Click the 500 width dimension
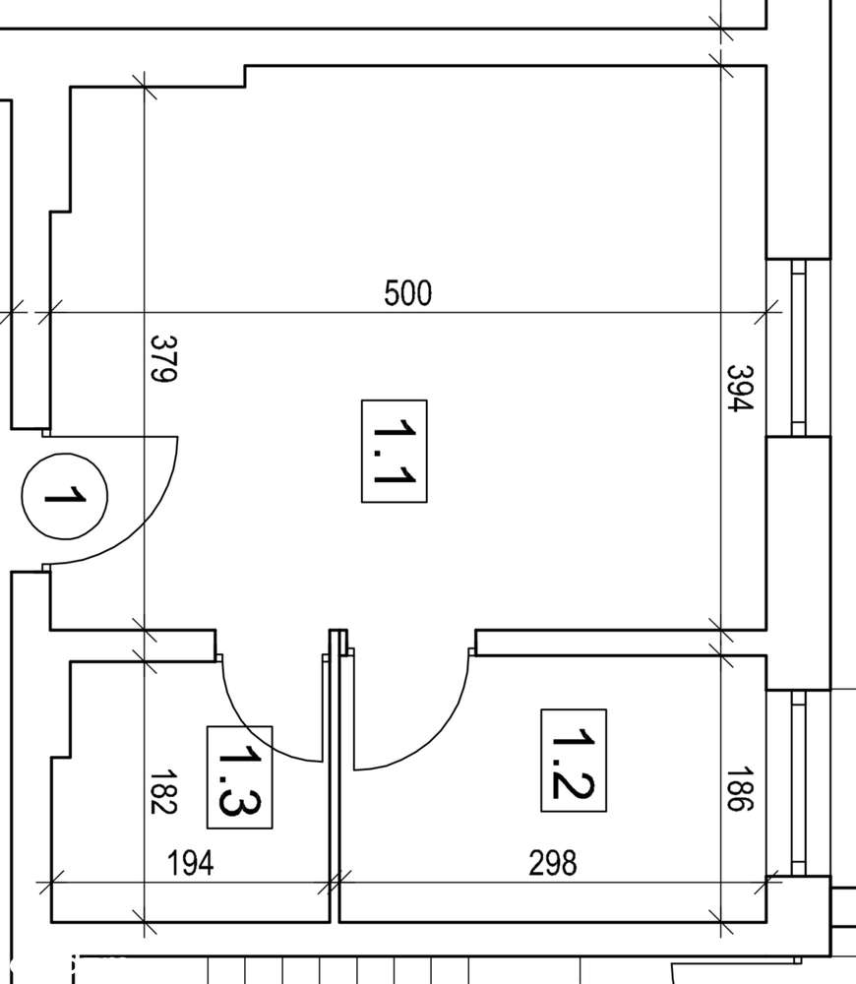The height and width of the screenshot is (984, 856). pyautogui.click(x=408, y=293)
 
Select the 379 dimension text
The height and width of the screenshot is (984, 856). pyautogui.click(x=162, y=359)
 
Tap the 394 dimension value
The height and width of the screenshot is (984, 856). pyautogui.click(x=739, y=389)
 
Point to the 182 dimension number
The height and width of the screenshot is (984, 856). pyautogui.click(x=162, y=792)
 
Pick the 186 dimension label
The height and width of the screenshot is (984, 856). pyautogui.click(x=739, y=789)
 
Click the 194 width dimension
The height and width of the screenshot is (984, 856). pyautogui.click(x=190, y=864)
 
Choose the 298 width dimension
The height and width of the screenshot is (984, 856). pyautogui.click(x=553, y=864)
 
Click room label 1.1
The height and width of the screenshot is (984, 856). pyautogui.click(x=394, y=451)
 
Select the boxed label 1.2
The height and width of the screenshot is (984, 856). pyautogui.click(x=574, y=761)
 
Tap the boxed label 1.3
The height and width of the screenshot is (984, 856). pyautogui.click(x=239, y=776)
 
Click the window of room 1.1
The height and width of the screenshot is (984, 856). pyautogui.click(x=798, y=347)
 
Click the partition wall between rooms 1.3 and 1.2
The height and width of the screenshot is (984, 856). pyautogui.click(x=335, y=787)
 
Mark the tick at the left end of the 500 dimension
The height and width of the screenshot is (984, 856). pyautogui.click(x=49, y=314)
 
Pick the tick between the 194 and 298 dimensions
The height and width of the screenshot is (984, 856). pyautogui.click(x=335, y=882)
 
